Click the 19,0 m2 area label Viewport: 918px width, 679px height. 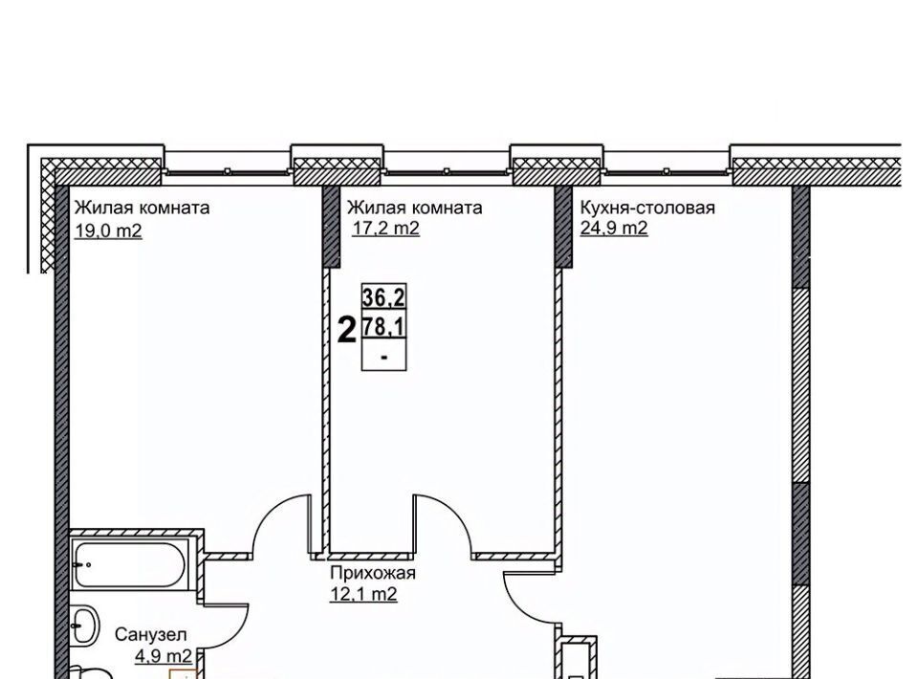click(108, 230)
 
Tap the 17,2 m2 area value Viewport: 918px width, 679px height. click(385, 229)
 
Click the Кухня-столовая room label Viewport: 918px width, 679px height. click(647, 208)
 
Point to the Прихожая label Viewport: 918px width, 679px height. click(373, 573)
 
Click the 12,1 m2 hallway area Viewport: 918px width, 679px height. click(363, 594)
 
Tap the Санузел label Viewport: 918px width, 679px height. click(151, 634)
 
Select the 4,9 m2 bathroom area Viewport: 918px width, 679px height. click(164, 655)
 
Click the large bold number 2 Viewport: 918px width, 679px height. click(348, 330)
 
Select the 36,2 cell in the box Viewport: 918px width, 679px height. click(384, 297)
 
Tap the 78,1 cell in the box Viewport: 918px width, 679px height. click(384, 326)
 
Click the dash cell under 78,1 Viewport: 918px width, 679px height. click(384, 356)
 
